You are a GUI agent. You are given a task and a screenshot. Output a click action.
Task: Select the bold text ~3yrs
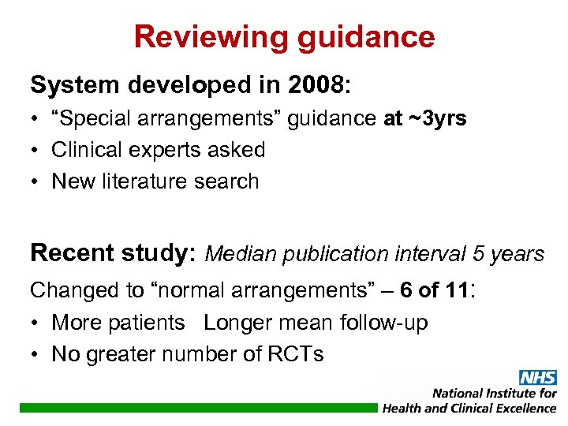(x=437, y=118)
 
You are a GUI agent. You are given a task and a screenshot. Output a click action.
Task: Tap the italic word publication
(x=336, y=254)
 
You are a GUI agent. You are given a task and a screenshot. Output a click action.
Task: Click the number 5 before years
(x=480, y=254)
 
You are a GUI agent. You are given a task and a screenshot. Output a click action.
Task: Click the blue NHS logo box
(x=538, y=378)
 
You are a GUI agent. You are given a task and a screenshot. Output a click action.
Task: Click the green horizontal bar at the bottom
(x=197, y=408)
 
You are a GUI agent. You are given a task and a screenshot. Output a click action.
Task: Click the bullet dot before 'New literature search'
(x=37, y=181)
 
